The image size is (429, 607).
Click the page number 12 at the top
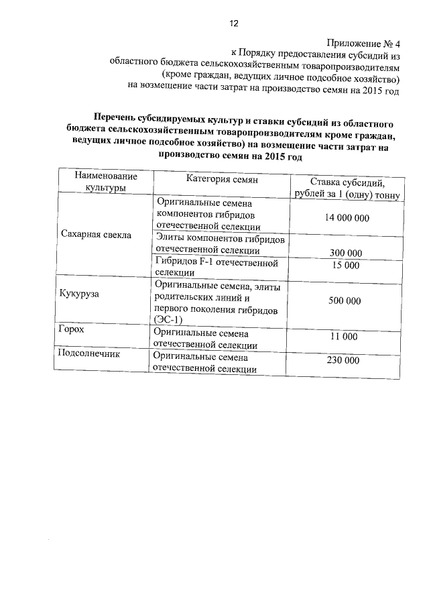tap(233, 23)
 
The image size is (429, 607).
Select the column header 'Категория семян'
tap(222, 179)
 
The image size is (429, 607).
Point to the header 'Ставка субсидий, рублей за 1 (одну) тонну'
tap(346, 188)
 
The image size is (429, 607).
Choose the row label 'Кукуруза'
tap(79, 294)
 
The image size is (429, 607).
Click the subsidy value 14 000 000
tap(346, 219)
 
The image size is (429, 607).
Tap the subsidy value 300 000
tap(346, 253)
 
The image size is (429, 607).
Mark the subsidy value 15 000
tap(346, 265)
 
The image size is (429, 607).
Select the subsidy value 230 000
tap(343, 360)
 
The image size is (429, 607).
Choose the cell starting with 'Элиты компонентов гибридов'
tap(221, 244)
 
